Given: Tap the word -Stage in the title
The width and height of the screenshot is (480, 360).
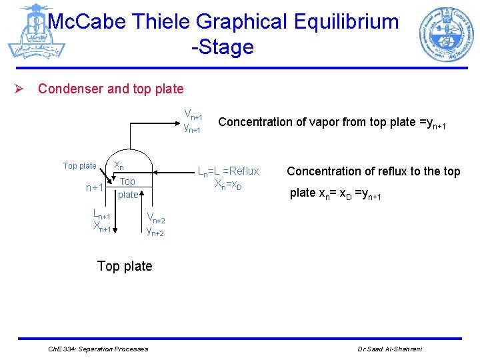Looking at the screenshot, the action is point(222,47).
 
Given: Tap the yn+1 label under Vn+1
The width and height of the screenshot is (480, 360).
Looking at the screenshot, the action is point(193,127).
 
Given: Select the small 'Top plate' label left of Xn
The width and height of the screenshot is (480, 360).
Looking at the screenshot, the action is point(79,166).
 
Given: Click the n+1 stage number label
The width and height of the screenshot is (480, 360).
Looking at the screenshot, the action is point(95,188).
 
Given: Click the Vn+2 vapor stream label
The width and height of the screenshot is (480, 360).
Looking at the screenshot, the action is point(155,220).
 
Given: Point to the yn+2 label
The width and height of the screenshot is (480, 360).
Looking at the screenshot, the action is point(155,231).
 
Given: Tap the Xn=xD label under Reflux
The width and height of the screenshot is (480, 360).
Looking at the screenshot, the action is point(227,184).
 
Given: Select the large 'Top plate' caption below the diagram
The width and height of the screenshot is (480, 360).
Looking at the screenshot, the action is point(125,266).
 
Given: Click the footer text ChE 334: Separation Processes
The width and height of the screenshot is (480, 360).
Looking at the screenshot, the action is point(99,349).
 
